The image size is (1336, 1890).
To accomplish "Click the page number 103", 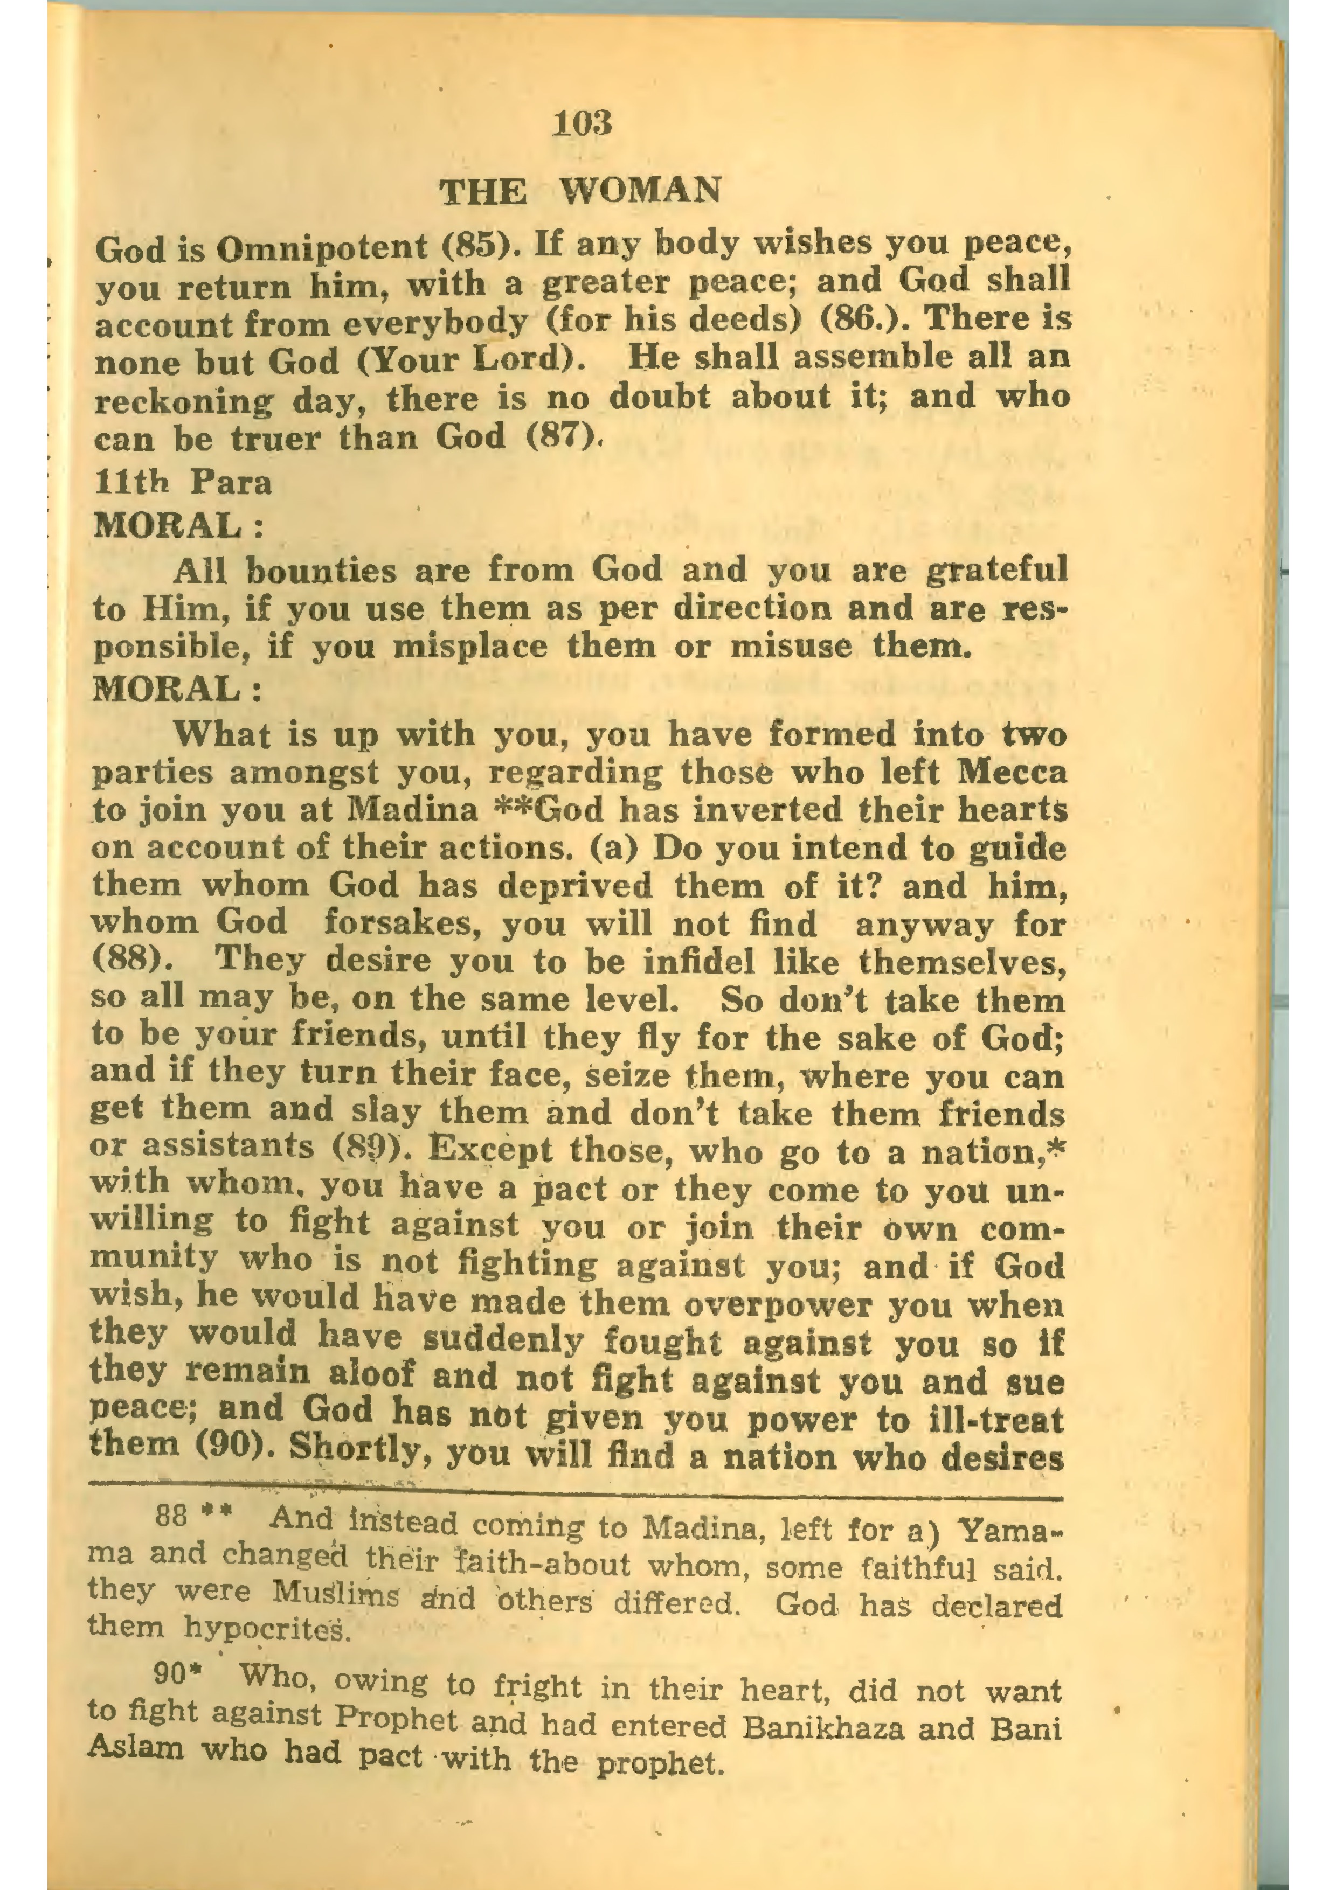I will click(x=583, y=123).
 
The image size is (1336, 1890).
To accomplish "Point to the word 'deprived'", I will click(x=569, y=886).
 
